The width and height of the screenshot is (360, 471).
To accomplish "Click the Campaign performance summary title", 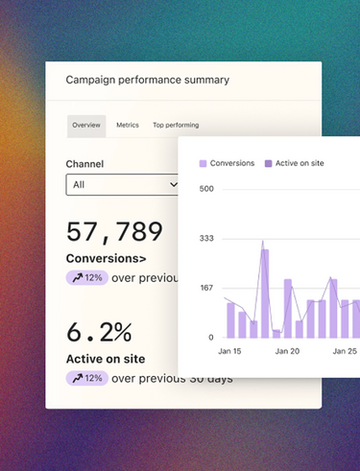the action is (x=148, y=80).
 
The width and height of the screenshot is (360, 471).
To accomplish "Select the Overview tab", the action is (x=86, y=126).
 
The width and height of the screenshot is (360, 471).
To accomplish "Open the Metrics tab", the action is (x=128, y=125).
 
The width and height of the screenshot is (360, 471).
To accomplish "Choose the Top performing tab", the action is (x=176, y=125).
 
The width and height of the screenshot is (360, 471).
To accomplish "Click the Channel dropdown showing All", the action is (x=122, y=184).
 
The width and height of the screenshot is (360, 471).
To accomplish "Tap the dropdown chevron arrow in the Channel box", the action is (x=174, y=184).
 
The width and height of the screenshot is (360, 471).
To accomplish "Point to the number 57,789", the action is (x=114, y=232).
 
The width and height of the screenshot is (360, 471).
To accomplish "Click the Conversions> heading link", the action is (x=106, y=258).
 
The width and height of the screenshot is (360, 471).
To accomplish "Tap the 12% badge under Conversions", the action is (x=87, y=277).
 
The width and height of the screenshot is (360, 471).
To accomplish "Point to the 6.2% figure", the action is (x=99, y=332).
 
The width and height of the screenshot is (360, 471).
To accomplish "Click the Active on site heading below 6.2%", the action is (x=106, y=359).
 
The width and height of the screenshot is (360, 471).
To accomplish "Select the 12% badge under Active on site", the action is (x=87, y=378).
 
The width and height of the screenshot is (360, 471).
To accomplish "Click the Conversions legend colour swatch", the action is (x=203, y=164).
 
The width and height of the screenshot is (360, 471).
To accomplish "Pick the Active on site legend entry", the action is (x=295, y=163).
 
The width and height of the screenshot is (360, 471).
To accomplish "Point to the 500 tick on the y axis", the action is (x=206, y=189).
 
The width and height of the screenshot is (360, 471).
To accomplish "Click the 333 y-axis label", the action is (x=206, y=238).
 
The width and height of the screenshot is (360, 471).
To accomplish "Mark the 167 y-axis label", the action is (x=206, y=288).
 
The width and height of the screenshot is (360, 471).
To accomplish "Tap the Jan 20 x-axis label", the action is (x=287, y=351).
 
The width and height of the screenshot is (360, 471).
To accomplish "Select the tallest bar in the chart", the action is (x=265, y=294).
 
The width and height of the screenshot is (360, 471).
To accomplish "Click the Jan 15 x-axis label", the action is (x=229, y=351).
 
